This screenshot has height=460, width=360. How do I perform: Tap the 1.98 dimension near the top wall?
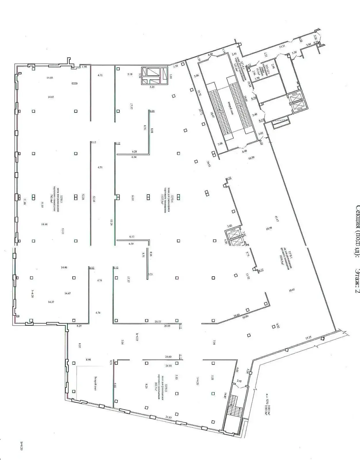[x=84, y=67]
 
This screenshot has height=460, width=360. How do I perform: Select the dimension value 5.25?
[x=152, y=87]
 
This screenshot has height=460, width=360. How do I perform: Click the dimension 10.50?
[x=252, y=158]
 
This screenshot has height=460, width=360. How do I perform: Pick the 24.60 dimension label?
[x=168, y=357]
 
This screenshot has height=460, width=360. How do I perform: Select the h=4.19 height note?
[x=137, y=336]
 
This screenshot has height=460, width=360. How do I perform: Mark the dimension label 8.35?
[x=80, y=345]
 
